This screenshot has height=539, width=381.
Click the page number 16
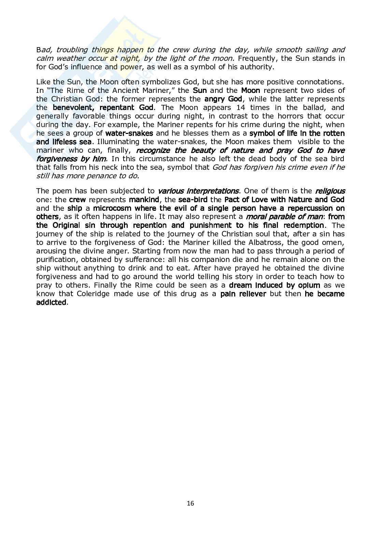pos(190,503)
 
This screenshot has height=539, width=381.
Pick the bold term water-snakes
pos(129,133)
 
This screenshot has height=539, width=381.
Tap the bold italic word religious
pos(330,191)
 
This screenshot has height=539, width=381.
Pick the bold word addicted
pos(52,302)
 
